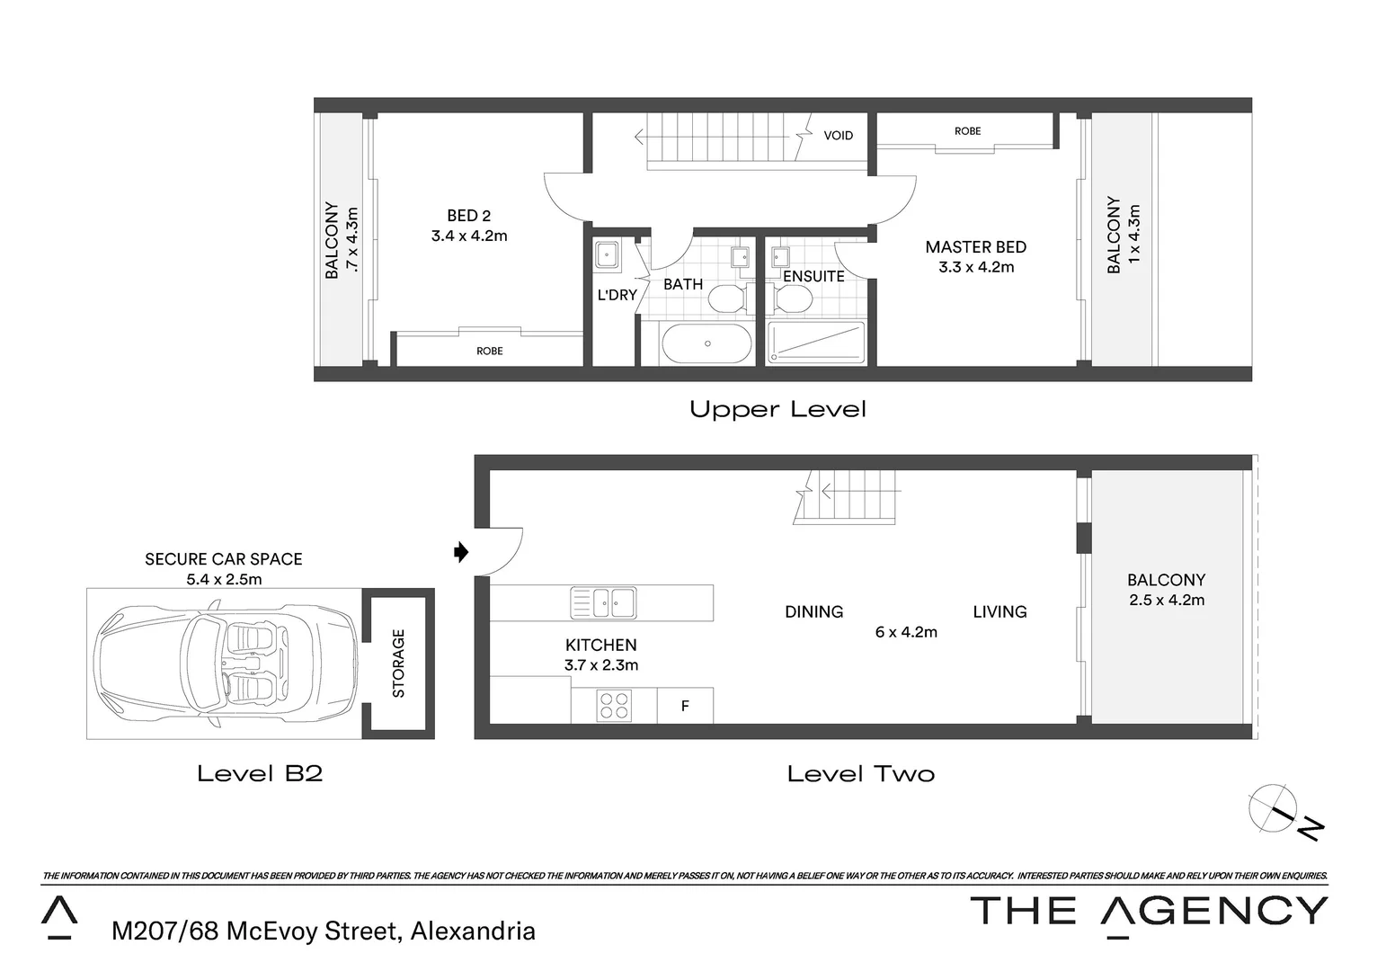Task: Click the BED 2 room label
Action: click(x=468, y=216)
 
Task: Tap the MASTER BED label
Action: click(x=975, y=247)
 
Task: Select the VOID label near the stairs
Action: click(x=838, y=136)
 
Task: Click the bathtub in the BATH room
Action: click(x=706, y=343)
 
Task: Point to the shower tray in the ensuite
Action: click(x=815, y=343)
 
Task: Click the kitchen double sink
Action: click(x=603, y=602)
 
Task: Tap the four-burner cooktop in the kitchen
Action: click(x=614, y=706)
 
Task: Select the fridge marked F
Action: click(x=685, y=707)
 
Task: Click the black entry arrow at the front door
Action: click(x=461, y=551)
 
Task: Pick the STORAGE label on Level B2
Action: click(x=399, y=664)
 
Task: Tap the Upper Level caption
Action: click(x=777, y=410)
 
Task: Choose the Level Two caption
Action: click(x=860, y=774)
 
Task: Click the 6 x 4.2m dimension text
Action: click(x=906, y=632)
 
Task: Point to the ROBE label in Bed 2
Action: click(x=489, y=352)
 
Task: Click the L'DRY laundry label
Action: click(x=617, y=295)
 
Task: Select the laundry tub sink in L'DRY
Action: click(x=609, y=255)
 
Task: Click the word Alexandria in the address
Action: click(x=473, y=931)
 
